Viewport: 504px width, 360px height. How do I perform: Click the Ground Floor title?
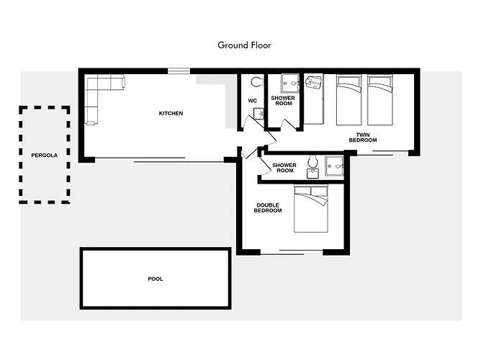pyautogui.click(x=244, y=45)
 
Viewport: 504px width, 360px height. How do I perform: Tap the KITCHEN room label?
pyautogui.click(x=171, y=114)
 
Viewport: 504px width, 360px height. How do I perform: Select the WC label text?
pyautogui.click(x=252, y=101)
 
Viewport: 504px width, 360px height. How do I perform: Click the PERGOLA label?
pyautogui.click(x=45, y=156)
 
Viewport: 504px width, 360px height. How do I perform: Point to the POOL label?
pyautogui.click(x=156, y=279)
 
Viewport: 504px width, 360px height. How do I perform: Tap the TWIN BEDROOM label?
pyautogui.click(x=363, y=138)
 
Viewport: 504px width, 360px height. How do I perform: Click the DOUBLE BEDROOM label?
pyautogui.click(x=268, y=208)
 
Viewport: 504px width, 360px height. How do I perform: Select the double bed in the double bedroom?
pyautogui.click(x=311, y=209)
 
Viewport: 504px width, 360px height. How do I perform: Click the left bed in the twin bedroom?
pyautogui.click(x=348, y=100)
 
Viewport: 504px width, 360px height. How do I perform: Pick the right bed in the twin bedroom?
pyautogui.click(x=380, y=100)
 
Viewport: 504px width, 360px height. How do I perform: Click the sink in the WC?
pyautogui.click(x=258, y=114)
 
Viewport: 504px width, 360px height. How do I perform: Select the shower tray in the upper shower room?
pyautogui.click(x=290, y=84)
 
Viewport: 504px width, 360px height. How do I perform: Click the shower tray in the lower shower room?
pyautogui.click(x=334, y=166)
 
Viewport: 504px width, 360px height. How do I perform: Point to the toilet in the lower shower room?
pyautogui.click(x=312, y=162)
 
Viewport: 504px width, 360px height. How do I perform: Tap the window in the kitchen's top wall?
pyautogui.click(x=179, y=71)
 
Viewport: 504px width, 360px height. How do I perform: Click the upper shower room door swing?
pyautogui.click(x=288, y=124)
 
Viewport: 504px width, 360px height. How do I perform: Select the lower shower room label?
pyautogui.click(x=284, y=168)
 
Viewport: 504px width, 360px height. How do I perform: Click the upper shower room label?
pyautogui.click(x=283, y=101)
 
